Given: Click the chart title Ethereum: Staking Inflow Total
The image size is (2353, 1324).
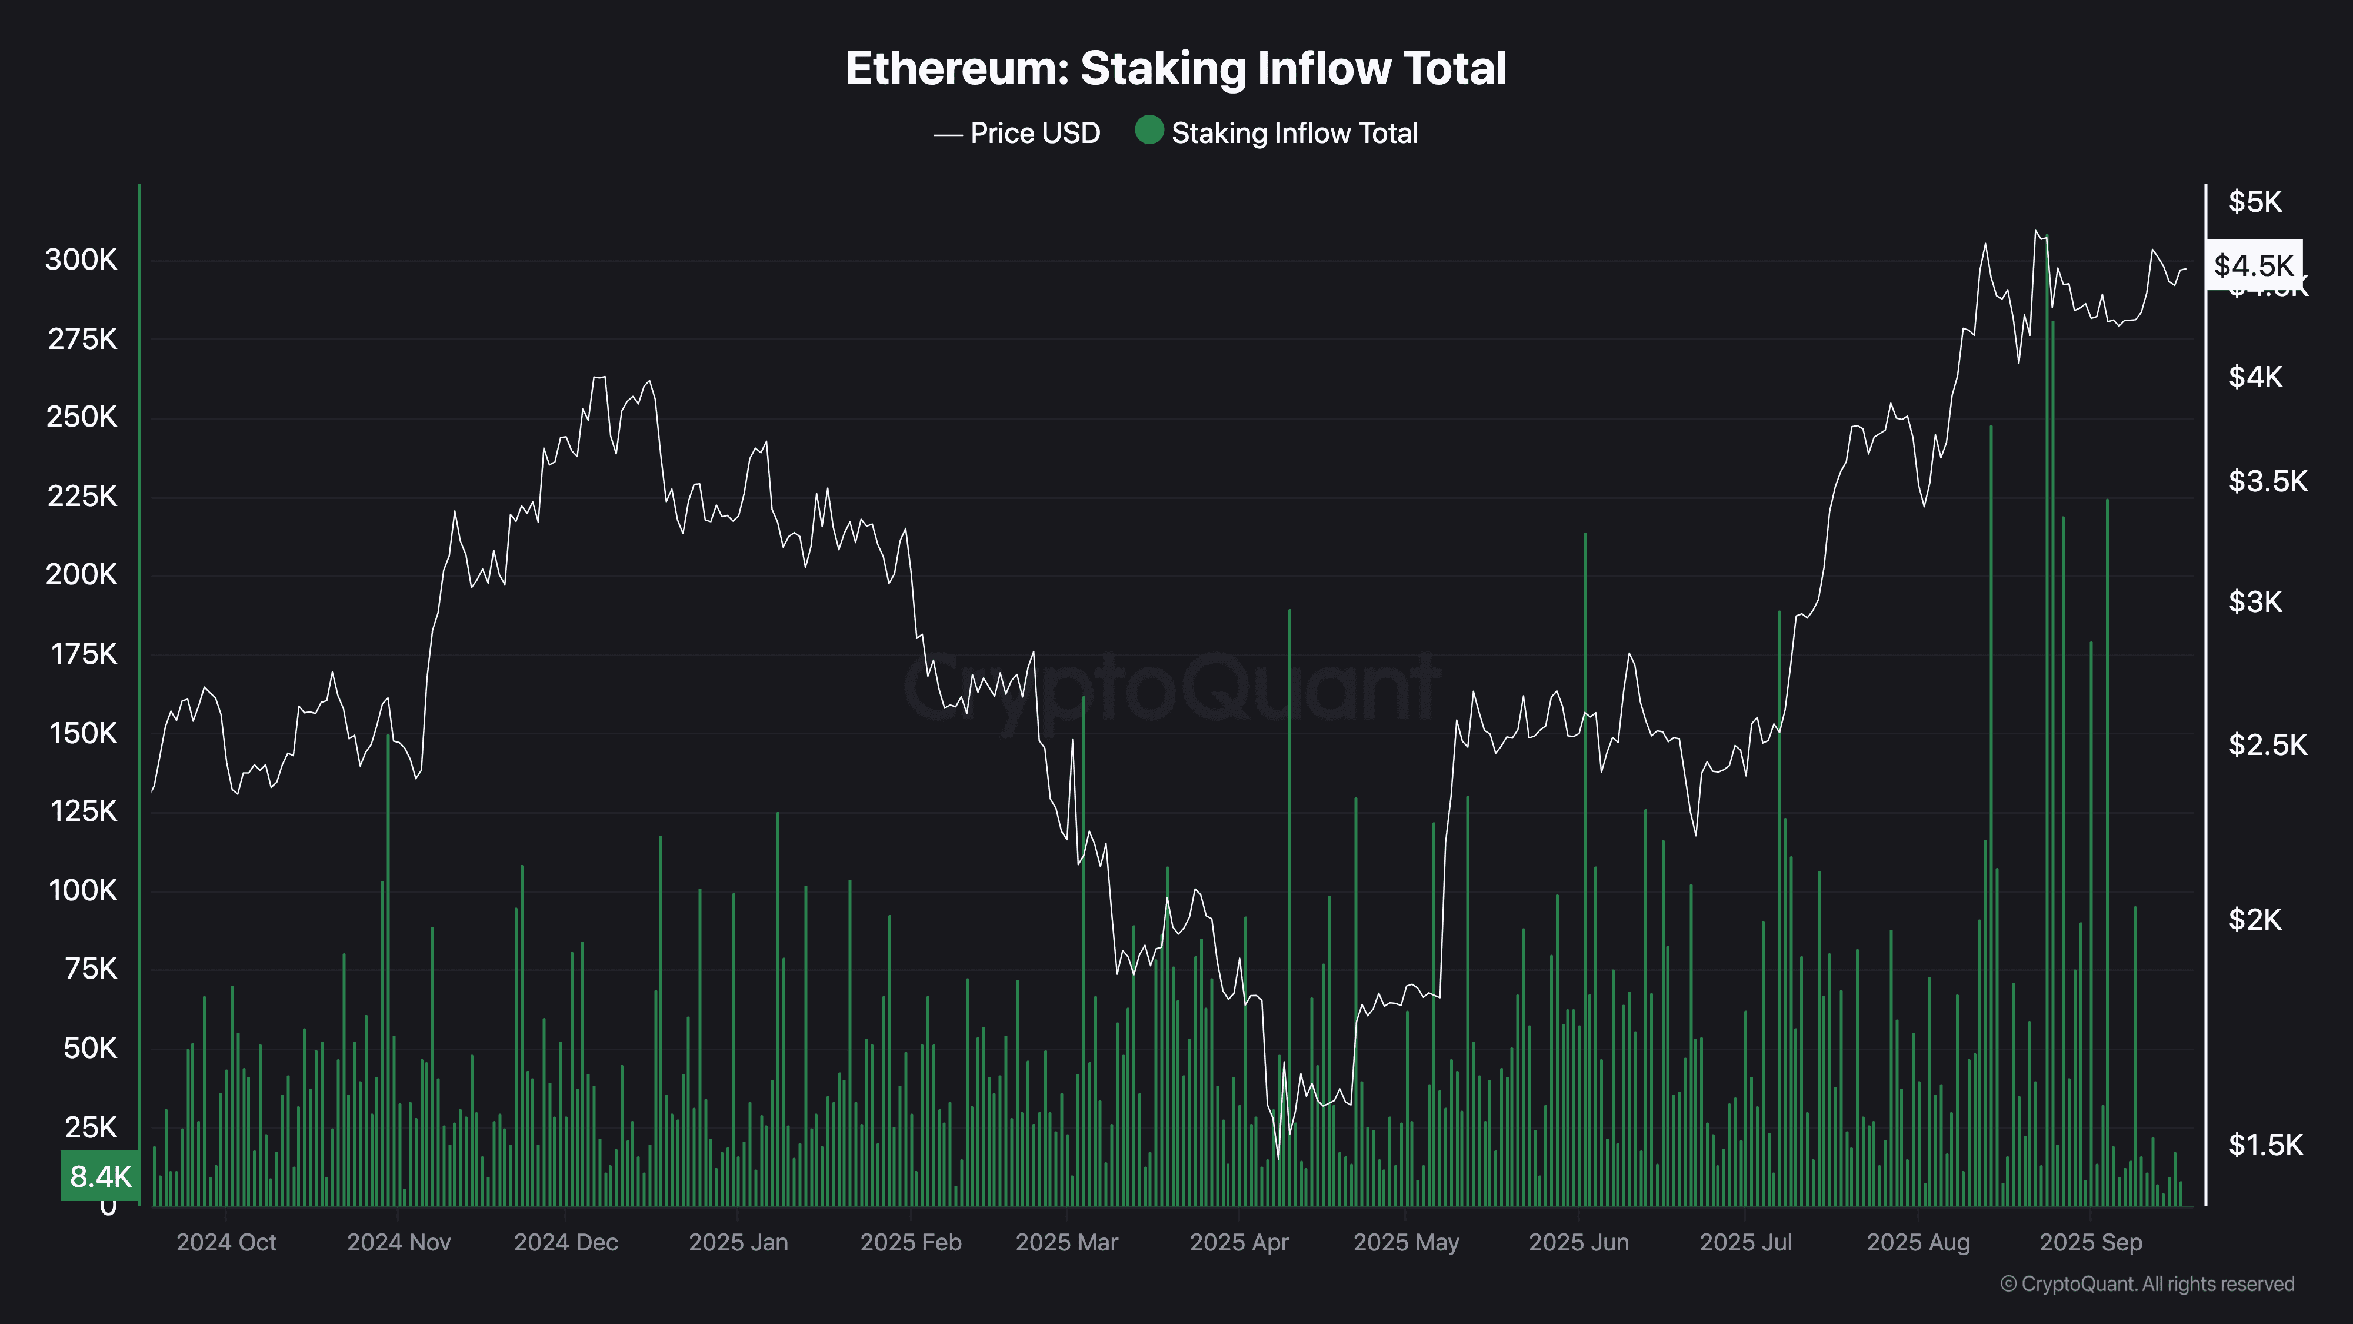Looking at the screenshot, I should pyautogui.click(x=1175, y=68).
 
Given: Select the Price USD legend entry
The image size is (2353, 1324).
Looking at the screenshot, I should pyautogui.click(x=1034, y=134).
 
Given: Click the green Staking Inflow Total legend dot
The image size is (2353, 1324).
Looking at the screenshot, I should pyautogui.click(x=1148, y=131).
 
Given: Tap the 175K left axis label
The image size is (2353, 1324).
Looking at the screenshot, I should pyautogui.click(x=83, y=654).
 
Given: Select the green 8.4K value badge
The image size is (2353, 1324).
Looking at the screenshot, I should pyautogui.click(x=101, y=1176).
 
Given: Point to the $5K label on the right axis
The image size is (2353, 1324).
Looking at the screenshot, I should pyautogui.click(x=2254, y=202).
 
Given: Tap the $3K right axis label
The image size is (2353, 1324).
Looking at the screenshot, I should pyautogui.click(x=2254, y=602).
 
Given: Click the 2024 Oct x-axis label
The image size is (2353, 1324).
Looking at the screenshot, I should pyautogui.click(x=226, y=1243).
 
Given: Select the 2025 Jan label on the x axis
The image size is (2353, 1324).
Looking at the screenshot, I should pyautogui.click(x=738, y=1243).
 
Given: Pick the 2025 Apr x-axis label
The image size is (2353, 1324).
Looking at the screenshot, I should pyautogui.click(x=1239, y=1243).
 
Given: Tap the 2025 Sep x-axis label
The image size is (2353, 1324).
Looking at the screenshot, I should pyautogui.click(x=2090, y=1243).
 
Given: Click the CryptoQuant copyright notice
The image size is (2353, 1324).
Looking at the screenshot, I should pyautogui.click(x=2147, y=1284).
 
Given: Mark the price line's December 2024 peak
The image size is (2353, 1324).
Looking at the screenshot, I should pyautogui.click(x=598, y=377).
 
